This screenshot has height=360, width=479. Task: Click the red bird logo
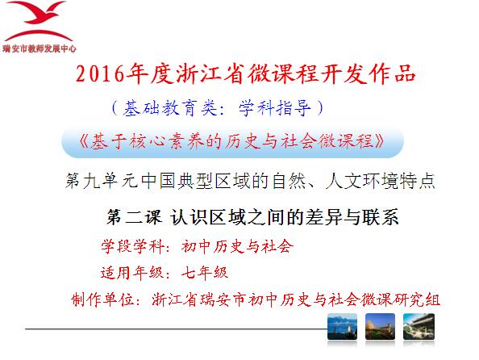39,21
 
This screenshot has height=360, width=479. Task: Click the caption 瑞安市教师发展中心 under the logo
39,48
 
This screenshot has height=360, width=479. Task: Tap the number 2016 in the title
100,73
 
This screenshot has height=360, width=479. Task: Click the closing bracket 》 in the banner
381,141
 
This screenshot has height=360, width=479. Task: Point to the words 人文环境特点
381,181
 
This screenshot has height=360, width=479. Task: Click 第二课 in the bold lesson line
134,217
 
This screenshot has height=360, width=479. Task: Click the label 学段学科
132,246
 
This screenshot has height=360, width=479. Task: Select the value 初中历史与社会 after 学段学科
237,246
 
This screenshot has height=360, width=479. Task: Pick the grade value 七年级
205,273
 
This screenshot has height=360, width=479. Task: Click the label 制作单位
102,299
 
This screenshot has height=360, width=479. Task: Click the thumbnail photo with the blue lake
342,326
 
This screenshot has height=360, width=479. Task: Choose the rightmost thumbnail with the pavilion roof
419,326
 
